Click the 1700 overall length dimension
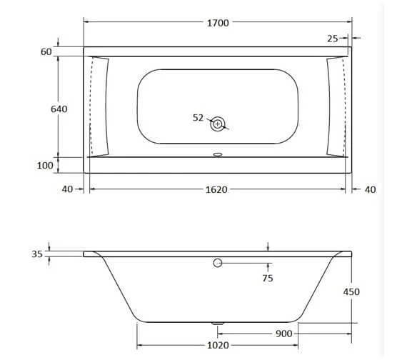[x=218, y=23]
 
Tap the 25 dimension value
[x=333, y=38]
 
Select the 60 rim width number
[x=47, y=52]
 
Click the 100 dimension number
[x=44, y=166]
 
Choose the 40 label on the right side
[x=369, y=189]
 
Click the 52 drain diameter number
[x=199, y=118]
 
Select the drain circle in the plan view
[x=218, y=124]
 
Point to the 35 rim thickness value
[x=37, y=254]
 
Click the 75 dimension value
[x=267, y=279]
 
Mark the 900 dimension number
[x=286, y=333]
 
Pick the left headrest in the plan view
[x=101, y=106]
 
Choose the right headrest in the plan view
[x=335, y=106]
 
